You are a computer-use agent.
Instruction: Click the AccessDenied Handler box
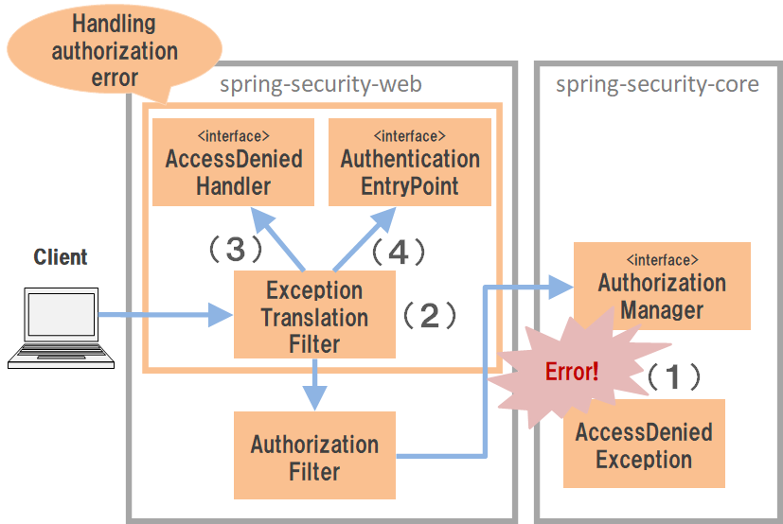click(233, 162)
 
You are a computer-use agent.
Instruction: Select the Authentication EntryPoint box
click(409, 162)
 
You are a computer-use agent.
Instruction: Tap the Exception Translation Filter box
click(313, 315)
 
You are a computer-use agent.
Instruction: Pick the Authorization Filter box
click(313, 455)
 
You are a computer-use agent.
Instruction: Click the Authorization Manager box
click(661, 286)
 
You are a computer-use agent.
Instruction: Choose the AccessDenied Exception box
click(644, 445)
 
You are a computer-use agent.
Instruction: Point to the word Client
click(61, 257)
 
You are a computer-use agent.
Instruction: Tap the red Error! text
click(571, 371)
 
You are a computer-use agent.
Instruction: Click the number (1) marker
click(674, 377)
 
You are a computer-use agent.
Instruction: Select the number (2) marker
click(430, 315)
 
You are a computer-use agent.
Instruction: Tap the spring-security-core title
click(657, 85)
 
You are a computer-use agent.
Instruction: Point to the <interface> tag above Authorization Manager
click(662, 258)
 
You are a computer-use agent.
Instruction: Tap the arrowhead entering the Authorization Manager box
click(561, 286)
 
